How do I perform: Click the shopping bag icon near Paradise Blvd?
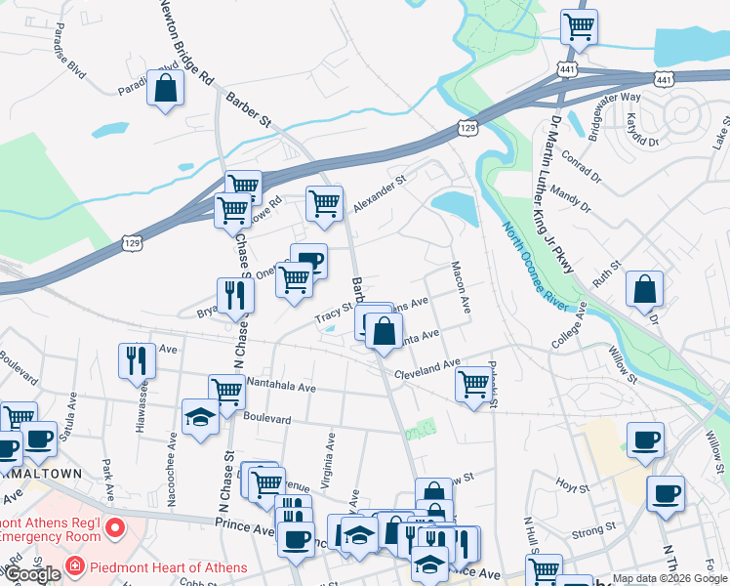coord(166,89)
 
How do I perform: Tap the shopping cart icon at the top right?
coord(579,26)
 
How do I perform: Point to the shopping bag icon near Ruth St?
coord(644,290)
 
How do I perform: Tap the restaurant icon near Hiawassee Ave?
coord(137,360)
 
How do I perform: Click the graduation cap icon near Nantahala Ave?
coord(200,417)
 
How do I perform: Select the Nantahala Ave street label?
coord(282,387)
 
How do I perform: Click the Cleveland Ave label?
coord(426,369)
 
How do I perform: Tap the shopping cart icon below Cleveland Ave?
coord(473,384)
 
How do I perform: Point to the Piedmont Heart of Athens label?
coord(166,566)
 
